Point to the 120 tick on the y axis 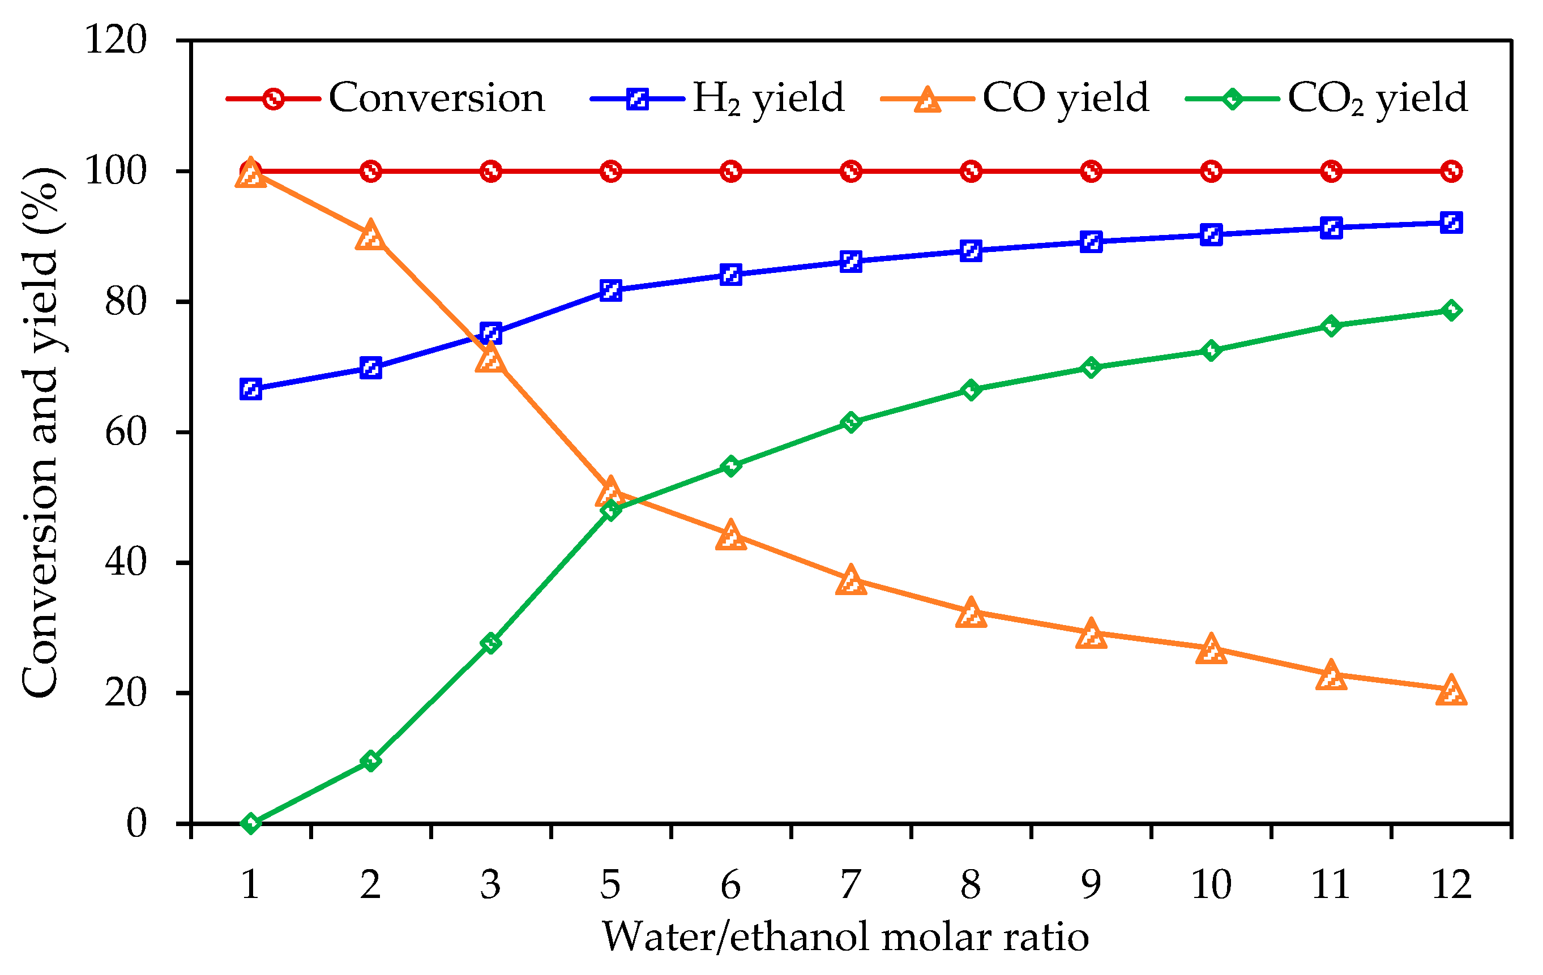116,40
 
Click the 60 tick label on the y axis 126,433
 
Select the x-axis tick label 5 610,884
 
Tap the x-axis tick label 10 1211,884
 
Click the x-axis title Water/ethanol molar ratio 845,937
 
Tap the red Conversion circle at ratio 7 851,172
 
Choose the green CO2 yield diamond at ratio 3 491,643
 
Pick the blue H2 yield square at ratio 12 1451,223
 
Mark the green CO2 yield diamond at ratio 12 1451,311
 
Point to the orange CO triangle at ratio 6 731,536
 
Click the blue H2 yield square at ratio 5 610,290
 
